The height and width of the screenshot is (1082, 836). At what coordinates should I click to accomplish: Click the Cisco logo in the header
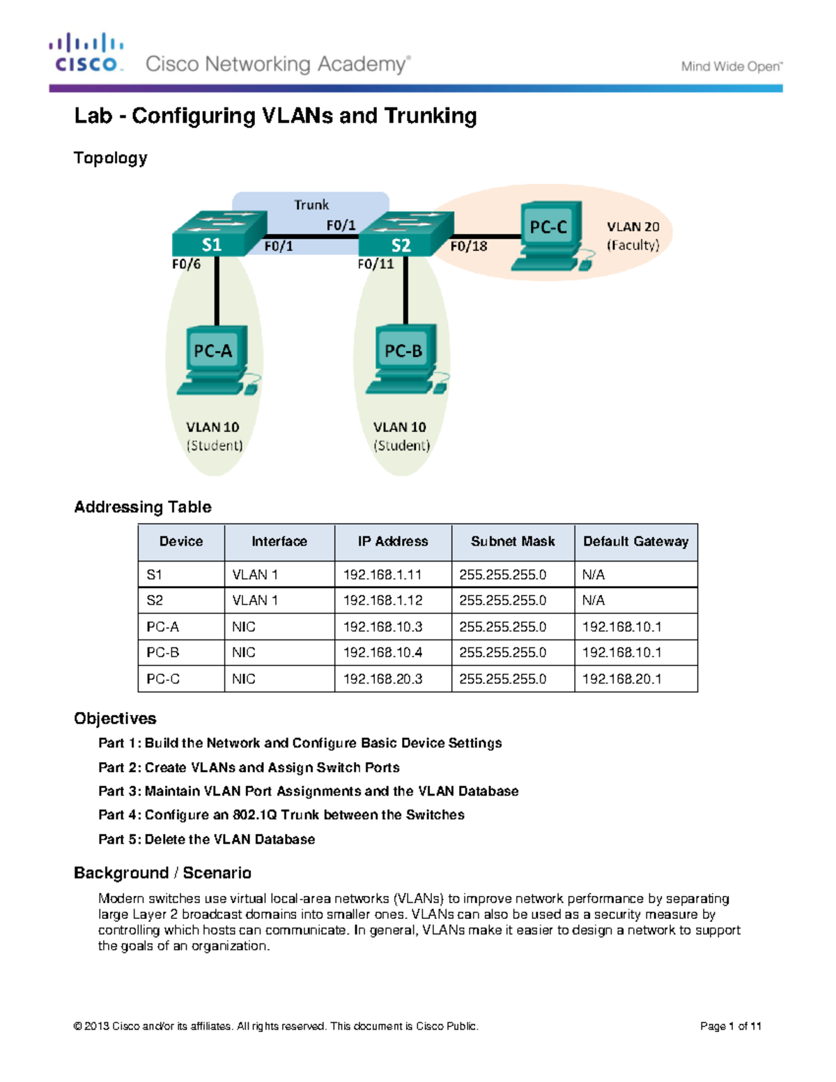coord(86,53)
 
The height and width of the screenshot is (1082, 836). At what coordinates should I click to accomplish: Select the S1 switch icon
coord(219,233)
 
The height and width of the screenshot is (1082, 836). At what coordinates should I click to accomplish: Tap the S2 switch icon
coord(405,234)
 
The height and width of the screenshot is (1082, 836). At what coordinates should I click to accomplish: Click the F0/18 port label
coord(468,246)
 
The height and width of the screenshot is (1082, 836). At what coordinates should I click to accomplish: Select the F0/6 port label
coord(186,264)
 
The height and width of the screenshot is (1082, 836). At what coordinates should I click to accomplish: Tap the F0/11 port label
coord(376,264)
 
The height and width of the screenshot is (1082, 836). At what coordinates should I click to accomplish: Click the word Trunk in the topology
coord(311,205)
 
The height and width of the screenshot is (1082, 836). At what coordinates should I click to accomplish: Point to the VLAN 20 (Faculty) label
coord(633,235)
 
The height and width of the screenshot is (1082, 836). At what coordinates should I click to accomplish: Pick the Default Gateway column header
coord(635,541)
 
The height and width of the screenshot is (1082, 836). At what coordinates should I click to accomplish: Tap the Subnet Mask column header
coord(513,541)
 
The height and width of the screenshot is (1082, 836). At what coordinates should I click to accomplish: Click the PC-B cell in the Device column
coord(163,653)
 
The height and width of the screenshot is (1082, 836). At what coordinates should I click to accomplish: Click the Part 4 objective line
coord(281,815)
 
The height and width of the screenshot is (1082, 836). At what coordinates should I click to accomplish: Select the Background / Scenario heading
coord(162,873)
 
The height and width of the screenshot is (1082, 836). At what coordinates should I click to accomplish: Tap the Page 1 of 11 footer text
coord(730,1026)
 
